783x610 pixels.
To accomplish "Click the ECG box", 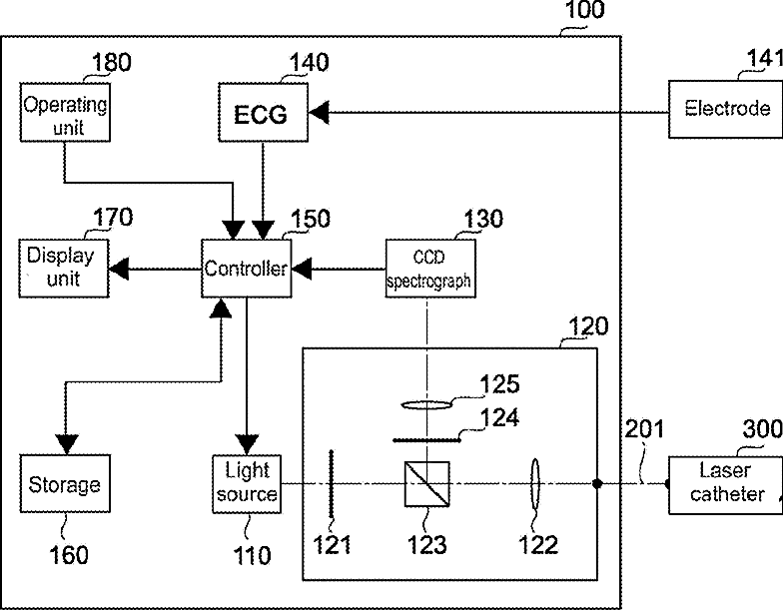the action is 264,112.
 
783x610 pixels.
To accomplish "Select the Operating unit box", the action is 65,112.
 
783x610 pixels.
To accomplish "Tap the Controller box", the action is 246,269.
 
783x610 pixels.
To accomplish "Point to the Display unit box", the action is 64,269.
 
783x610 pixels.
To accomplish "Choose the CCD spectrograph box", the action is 430,269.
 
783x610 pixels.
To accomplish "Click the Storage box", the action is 65,483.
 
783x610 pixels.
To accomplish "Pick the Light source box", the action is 247,483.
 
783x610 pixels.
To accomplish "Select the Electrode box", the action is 726,110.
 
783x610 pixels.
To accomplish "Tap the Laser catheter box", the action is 726,485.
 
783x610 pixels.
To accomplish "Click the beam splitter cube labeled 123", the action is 427,484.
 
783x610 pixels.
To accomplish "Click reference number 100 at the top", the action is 584,10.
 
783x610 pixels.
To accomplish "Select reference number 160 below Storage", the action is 69,555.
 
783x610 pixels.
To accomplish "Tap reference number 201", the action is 644,429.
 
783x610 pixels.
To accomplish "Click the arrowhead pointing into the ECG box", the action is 319,112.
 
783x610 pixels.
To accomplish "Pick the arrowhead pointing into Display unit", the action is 119,270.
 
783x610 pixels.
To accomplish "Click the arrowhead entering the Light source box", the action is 247,445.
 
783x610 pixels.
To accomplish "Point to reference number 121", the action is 332,544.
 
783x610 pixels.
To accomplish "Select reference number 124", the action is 499,417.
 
